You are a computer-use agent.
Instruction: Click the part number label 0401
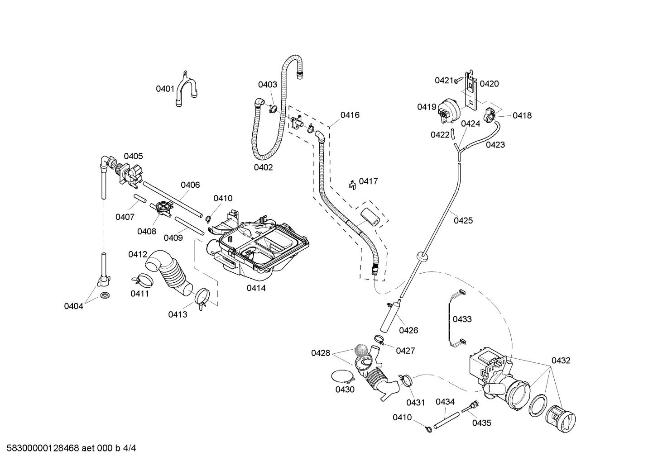165,89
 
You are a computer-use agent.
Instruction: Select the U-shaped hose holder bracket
186,89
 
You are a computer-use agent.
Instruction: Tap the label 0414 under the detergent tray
256,288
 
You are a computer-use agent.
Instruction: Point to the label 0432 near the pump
561,361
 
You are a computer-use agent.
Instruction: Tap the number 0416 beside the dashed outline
350,115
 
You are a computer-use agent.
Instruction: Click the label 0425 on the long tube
463,221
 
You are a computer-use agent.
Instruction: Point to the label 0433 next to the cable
462,319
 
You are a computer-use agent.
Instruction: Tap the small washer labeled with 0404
106,296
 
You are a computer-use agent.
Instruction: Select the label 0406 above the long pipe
190,185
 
